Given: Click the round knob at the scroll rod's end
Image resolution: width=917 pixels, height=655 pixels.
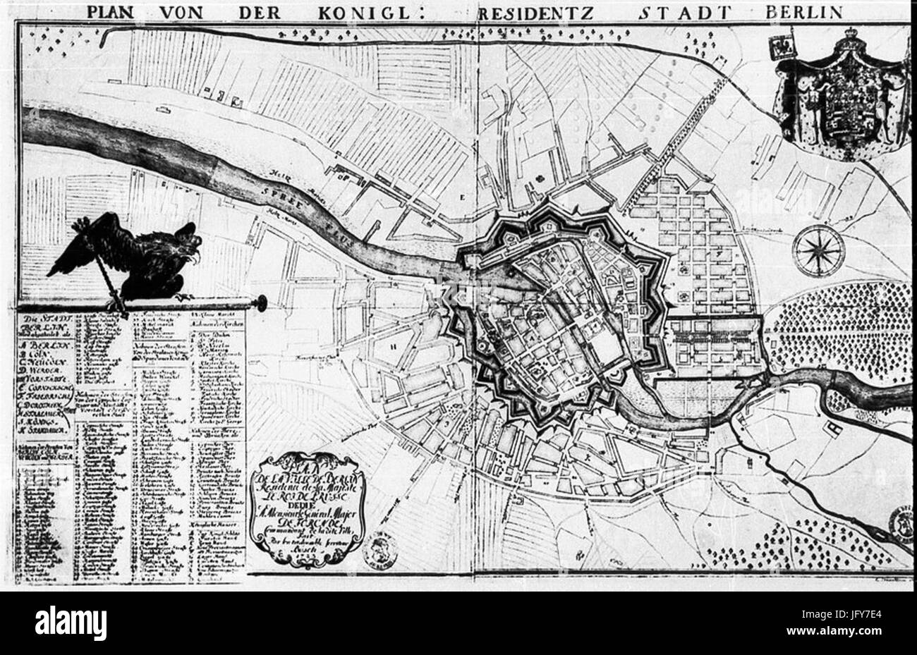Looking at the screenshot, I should [x=262, y=303].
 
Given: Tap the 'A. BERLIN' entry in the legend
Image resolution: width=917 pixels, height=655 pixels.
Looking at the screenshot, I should [x=41, y=344].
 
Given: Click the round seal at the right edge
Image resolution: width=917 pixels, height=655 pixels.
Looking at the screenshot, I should [x=904, y=523].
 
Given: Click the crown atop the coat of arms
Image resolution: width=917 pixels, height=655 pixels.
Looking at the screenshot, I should [x=846, y=35].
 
